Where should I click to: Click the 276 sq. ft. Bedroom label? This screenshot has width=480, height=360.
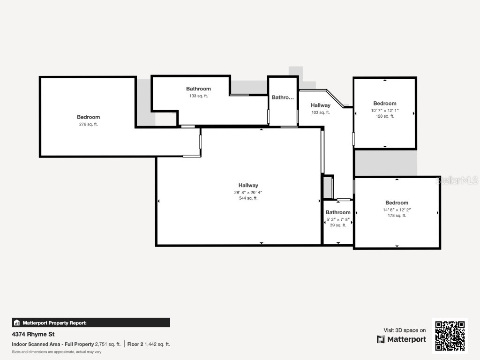click(x=88, y=117)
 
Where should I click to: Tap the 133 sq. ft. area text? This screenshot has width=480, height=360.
click(x=198, y=96)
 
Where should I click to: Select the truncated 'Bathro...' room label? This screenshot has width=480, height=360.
click(x=283, y=97)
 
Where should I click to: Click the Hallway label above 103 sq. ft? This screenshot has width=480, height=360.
click(x=321, y=105)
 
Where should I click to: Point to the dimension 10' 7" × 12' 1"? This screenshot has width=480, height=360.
click(x=384, y=111)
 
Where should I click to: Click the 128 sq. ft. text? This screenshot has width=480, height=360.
click(x=384, y=116)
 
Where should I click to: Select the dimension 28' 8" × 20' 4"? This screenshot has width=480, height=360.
click(x=248, y=192)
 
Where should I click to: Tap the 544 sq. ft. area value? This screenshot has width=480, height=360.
click(x=248, y=198)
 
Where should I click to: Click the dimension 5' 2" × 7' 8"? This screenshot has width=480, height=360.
click(x=338, y=219)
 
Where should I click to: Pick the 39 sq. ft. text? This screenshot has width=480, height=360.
click(x=338, y=225)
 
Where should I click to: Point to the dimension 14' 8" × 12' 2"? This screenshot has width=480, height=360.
click(x=397, y=210)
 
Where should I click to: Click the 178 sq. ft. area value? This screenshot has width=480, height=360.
click(x=397, y=216)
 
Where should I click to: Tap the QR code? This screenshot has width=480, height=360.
click(x=450, y=336)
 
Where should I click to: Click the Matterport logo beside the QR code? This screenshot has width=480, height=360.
click(x=402, y=339)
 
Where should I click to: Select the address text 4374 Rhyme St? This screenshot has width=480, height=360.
click(x=33, y=334)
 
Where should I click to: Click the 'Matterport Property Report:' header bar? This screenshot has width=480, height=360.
click(x=91, y=322)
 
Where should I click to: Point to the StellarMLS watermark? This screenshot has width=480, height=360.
click(x=457, y=180)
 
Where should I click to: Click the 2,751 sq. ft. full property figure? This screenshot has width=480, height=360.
click(x=108, y=344)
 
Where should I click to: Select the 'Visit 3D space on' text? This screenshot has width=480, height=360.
click(x=405, y=330)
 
